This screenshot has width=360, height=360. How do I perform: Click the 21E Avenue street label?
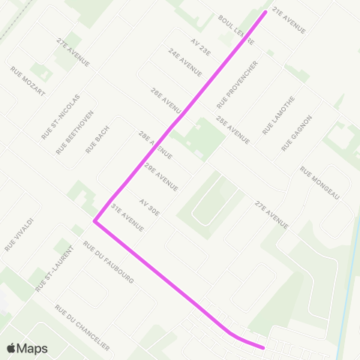point(289,21)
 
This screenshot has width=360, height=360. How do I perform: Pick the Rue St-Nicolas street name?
point(60,116)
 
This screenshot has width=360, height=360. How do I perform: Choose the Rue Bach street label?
point(98,139)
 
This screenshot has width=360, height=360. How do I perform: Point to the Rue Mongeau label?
point(320,182)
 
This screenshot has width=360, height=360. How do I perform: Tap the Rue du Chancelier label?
point(82,327)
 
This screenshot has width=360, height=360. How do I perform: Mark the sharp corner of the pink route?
point(94,221)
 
